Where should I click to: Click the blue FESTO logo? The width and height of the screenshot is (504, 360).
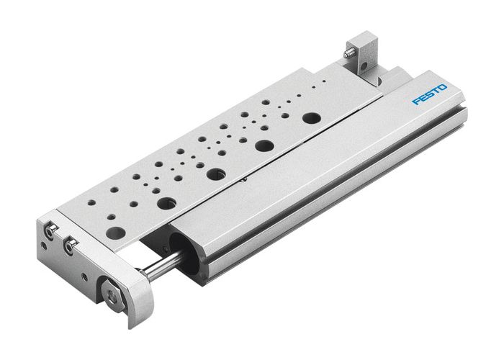coord(430,94)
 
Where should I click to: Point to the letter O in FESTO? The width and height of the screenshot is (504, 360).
coord(443,87)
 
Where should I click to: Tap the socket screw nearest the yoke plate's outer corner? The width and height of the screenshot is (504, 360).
coord(50,230)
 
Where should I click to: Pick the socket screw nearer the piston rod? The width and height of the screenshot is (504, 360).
coord(70,247)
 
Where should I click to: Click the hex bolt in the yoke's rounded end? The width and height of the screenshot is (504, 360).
coord(112,293)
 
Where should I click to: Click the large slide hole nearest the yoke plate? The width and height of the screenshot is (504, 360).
coord(114,233)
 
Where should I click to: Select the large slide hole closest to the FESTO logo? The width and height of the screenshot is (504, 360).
coord(311,117)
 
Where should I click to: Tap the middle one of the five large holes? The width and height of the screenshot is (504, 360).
coord(215,174)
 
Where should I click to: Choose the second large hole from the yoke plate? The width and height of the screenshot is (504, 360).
coord(166,203)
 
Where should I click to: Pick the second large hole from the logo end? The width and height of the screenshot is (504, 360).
coord(264,145)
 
